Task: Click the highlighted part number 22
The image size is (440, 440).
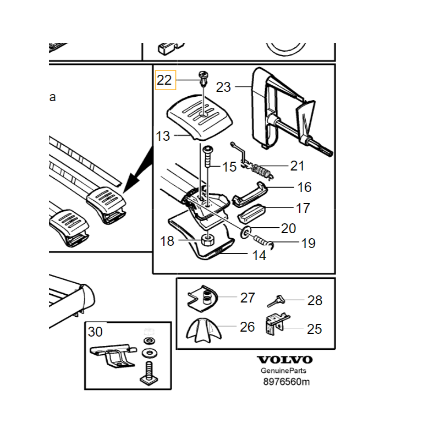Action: pos(164,80)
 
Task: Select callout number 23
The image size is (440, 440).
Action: pos(224,87)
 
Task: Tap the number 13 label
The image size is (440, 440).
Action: pos(163,136)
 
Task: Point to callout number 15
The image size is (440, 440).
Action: pos(229,166)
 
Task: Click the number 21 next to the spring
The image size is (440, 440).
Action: pos(297,166)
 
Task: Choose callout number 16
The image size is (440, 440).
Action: pos(304,188)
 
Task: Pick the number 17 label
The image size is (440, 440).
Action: pos(303,208)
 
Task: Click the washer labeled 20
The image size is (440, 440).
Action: pos(246,229)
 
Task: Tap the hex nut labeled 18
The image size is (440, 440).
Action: pos(207,240)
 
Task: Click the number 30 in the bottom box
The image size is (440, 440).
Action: pos(95,332)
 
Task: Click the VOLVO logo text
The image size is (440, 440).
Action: pos(284,360)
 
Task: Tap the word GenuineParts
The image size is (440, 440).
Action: pos(284,371)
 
